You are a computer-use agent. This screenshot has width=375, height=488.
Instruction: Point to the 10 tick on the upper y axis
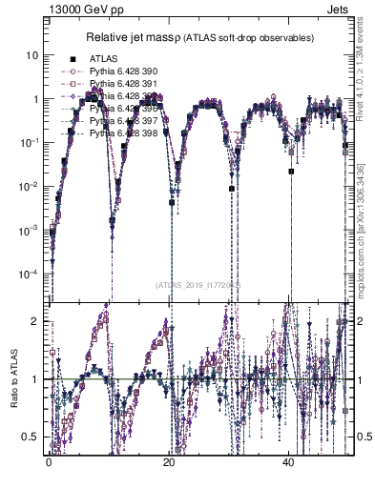point(31,55)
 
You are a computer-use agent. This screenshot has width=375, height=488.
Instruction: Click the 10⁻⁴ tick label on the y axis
point(29,274)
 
